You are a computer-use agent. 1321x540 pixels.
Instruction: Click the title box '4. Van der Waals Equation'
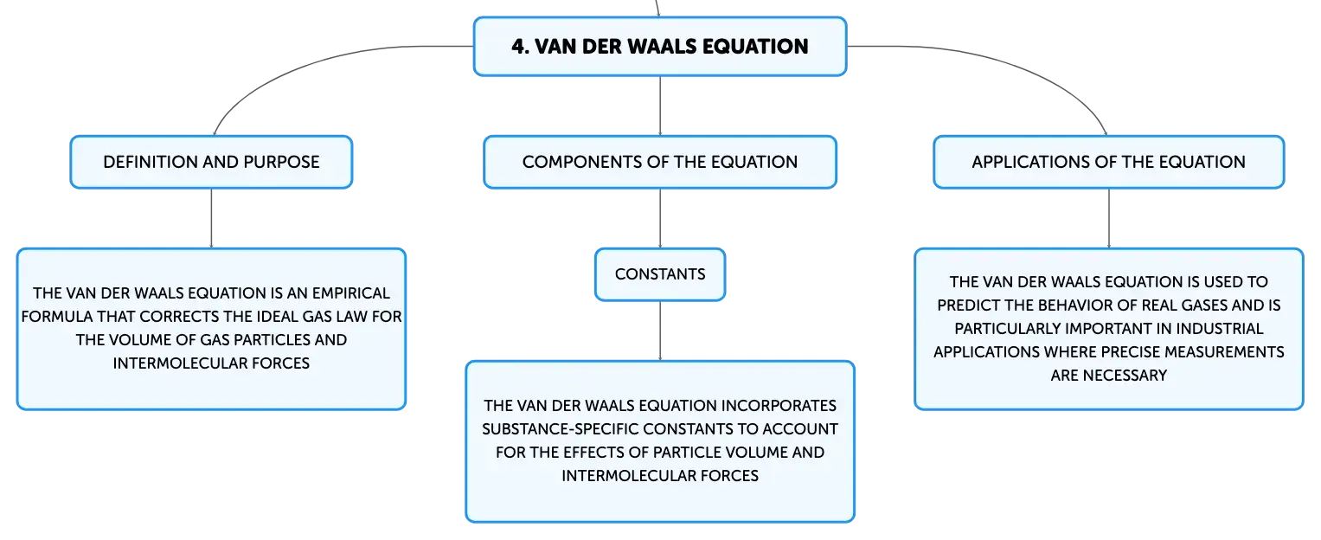coord(660,46)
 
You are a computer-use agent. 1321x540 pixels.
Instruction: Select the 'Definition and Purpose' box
coord(211,162)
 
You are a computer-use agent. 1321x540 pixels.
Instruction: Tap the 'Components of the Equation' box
coord(660,162)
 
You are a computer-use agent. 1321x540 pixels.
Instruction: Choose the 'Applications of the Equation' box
coord(1109,162)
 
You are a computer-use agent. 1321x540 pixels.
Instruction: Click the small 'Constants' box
coord(660,273)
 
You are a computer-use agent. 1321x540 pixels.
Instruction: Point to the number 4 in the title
coord(518,46)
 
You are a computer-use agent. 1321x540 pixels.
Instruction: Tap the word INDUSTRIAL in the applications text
coord(1220,328)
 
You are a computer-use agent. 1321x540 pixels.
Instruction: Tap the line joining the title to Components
coord(660,106)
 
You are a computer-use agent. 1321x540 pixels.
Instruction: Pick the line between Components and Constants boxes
coord(660,218)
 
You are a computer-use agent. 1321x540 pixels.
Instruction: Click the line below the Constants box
coord(660,331)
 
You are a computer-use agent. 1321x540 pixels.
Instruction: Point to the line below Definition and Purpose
coord(211,218)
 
